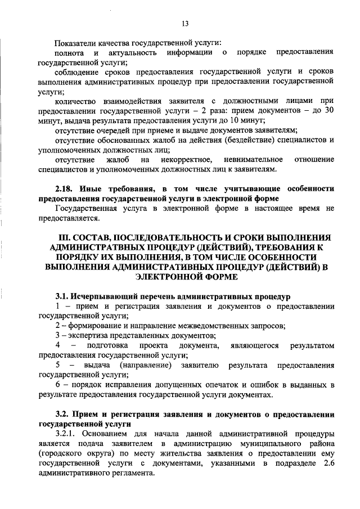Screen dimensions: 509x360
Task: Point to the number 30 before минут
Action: pyautogui.click(x=330, y=111)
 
